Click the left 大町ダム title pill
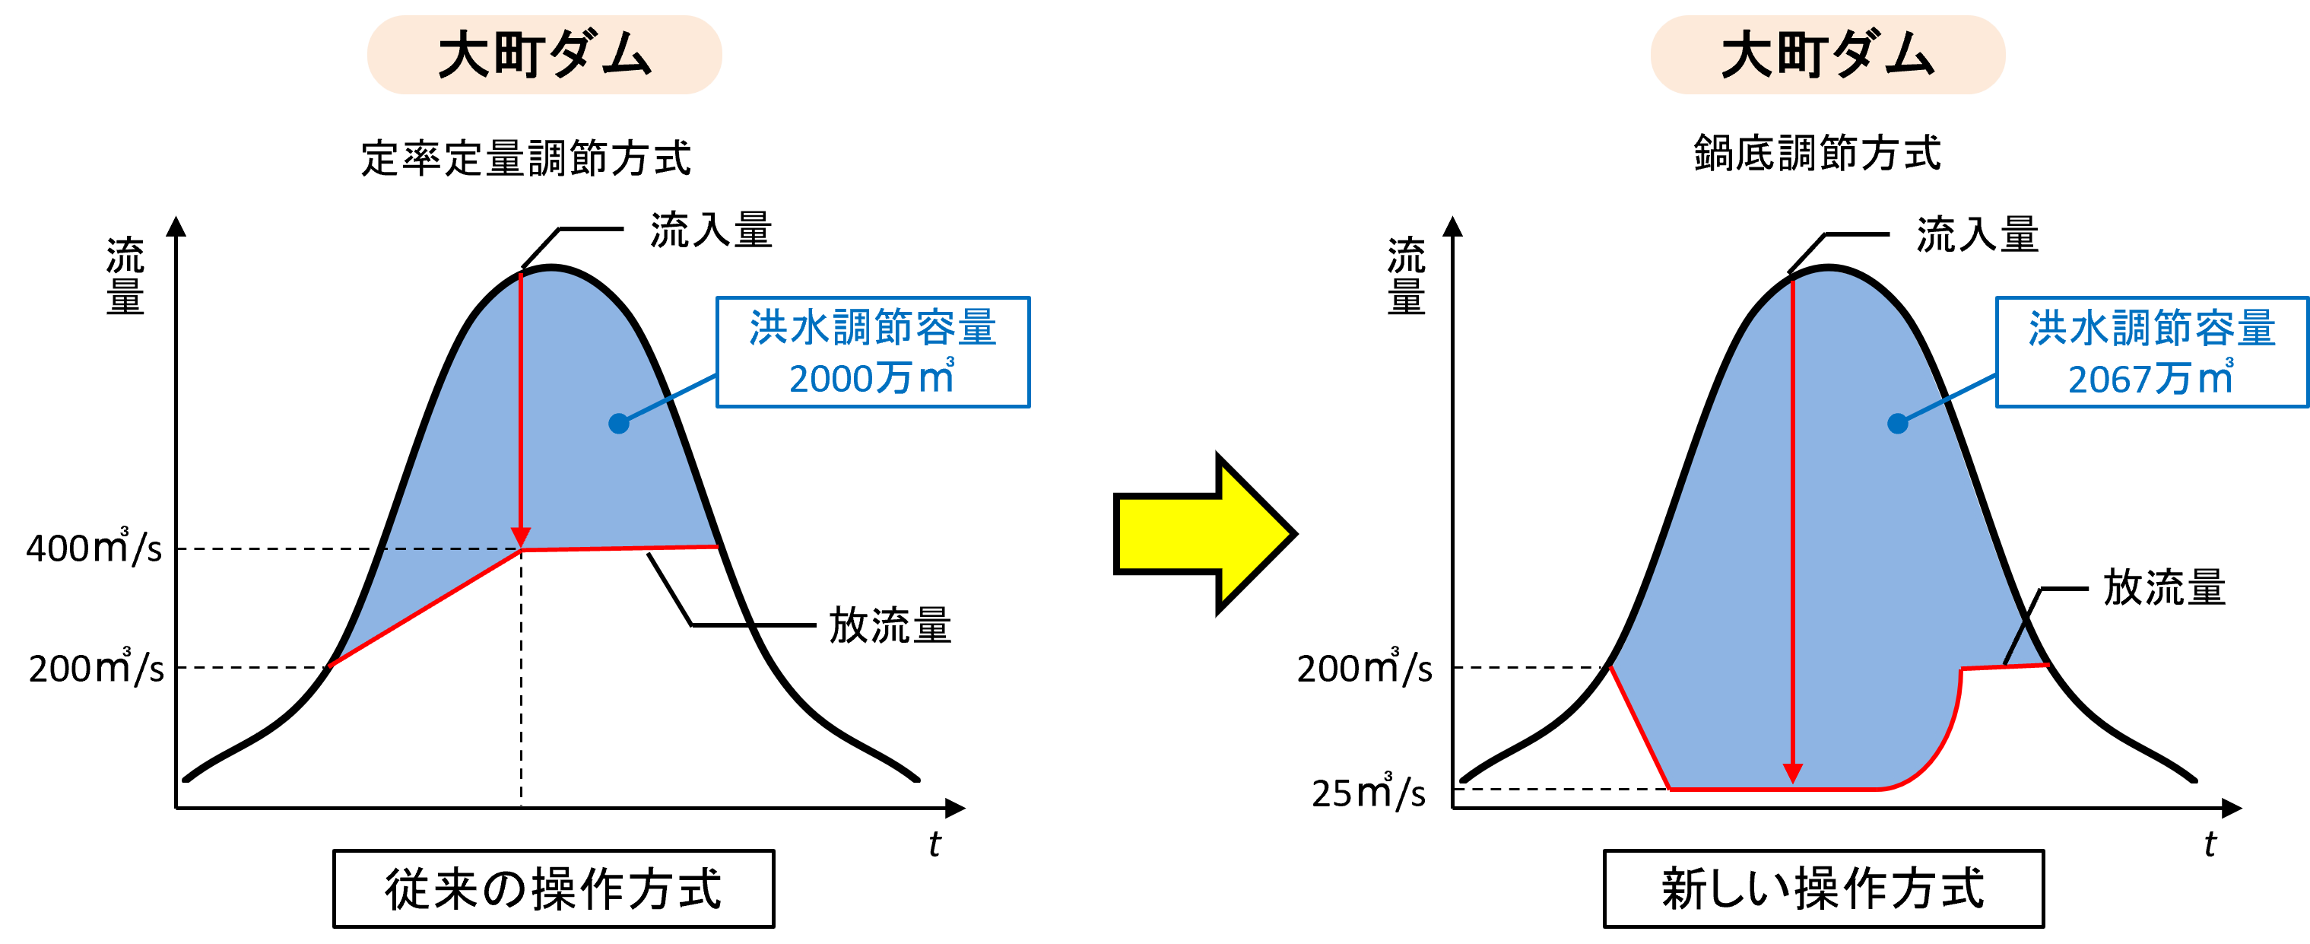[x=544, y=55]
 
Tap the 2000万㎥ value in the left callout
[x=871, y=379]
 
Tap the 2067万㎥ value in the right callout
[x=2150, y=379]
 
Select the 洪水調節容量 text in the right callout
[x=2151, y=328]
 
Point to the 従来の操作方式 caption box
[x=554, y=888]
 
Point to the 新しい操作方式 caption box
[x=1823, y=888]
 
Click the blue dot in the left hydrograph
[x=619, y=424]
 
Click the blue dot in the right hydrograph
[x=1898, y=424]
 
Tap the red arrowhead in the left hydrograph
[x=521, y=536]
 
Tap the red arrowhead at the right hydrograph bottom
[x=1793, y=773]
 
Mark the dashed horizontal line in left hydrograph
[x=449, y=548]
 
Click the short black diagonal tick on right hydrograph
[x=2014, y=644]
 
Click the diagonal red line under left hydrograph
[x=426, y=608]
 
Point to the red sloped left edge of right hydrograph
[x=1639, y=727]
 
